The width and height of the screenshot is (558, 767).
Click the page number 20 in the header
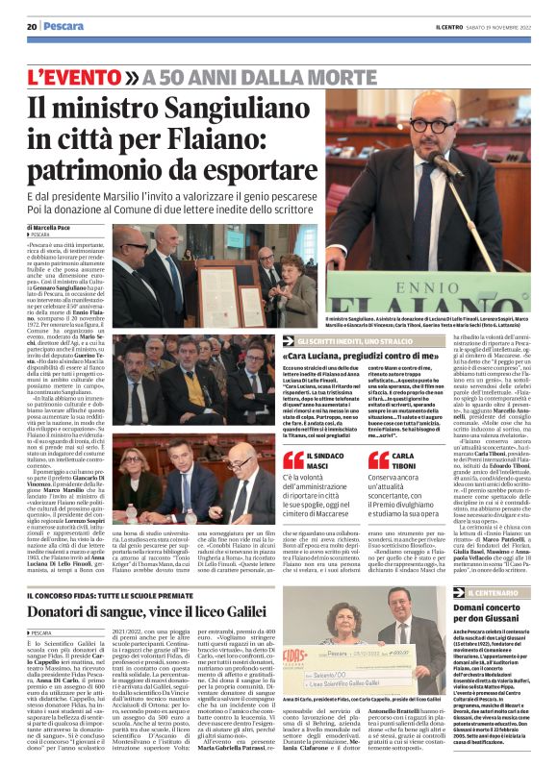(x=31, y=27)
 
